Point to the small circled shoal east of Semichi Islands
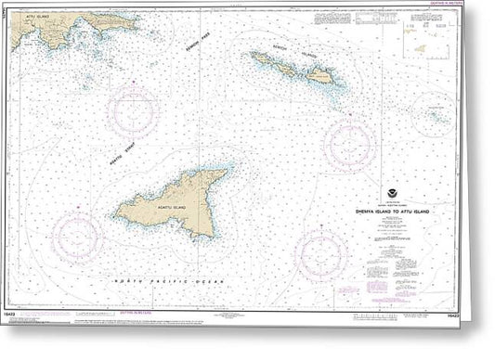433,114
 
